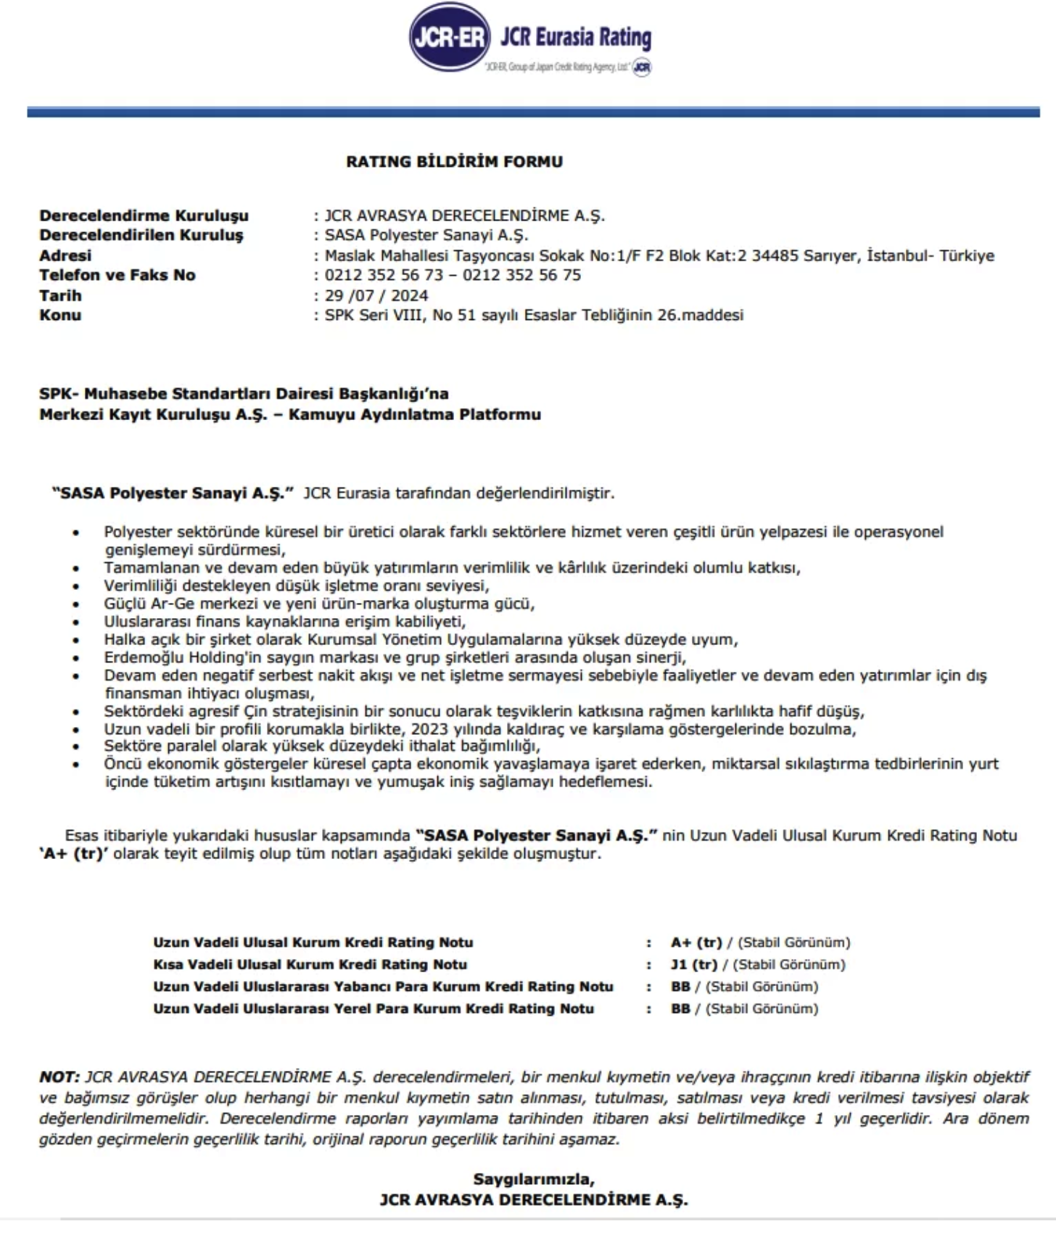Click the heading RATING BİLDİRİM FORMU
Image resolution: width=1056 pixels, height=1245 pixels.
click(454, 162)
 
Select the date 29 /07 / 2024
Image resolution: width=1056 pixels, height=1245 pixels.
click(376, 295)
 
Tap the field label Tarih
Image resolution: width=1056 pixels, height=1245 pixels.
click(60, 295)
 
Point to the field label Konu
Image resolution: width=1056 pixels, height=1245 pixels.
click(60, 315)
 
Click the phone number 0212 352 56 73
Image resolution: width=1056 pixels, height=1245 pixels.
click(383, 275)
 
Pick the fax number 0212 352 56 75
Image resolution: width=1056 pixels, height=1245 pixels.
click(521, 275)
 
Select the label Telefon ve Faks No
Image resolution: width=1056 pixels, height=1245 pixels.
click(117, 275)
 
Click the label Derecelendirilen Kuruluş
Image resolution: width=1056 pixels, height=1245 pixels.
click(141, 235)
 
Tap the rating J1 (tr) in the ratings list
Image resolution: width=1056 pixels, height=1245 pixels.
click(693, 964)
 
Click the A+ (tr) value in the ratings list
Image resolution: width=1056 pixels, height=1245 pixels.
click(696, 942)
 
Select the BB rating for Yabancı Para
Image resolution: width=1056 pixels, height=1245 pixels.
click(680, 987)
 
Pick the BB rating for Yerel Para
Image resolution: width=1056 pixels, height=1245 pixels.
click(680, 1008)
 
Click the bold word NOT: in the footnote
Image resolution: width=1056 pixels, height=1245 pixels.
click(59, 1077)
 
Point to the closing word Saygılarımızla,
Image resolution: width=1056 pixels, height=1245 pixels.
click(534, 1179)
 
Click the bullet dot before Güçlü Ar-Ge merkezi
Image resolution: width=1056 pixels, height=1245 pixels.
click(75, 604)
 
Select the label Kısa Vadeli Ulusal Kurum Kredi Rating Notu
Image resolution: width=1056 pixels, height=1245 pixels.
click(310, 964)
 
